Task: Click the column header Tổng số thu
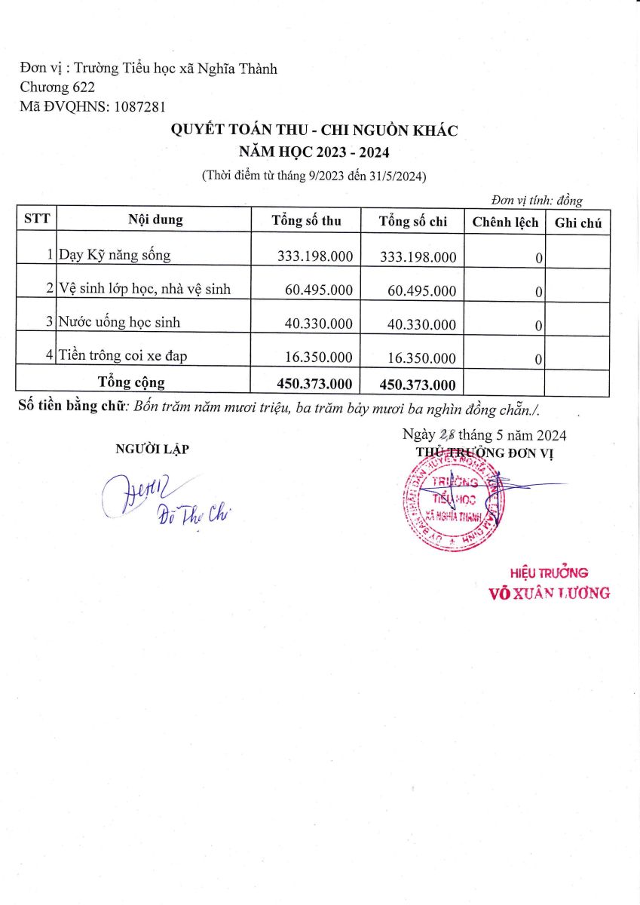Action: coord(306,221)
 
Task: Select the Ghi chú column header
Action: coord(577,222)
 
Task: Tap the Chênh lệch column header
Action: coord(504,222)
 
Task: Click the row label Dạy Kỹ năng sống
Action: coord(115,255)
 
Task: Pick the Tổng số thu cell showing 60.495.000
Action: coord(319,289)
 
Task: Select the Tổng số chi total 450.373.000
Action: coord(418,385)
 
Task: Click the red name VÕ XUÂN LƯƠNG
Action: coord(550,593)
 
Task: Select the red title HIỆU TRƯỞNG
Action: coord(549,572)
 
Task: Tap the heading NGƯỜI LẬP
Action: coord(152,449)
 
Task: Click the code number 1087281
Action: coord(139,106)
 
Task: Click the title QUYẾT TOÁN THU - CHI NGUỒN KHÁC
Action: coord(314,130)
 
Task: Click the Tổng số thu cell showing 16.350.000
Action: coord(319,357)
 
